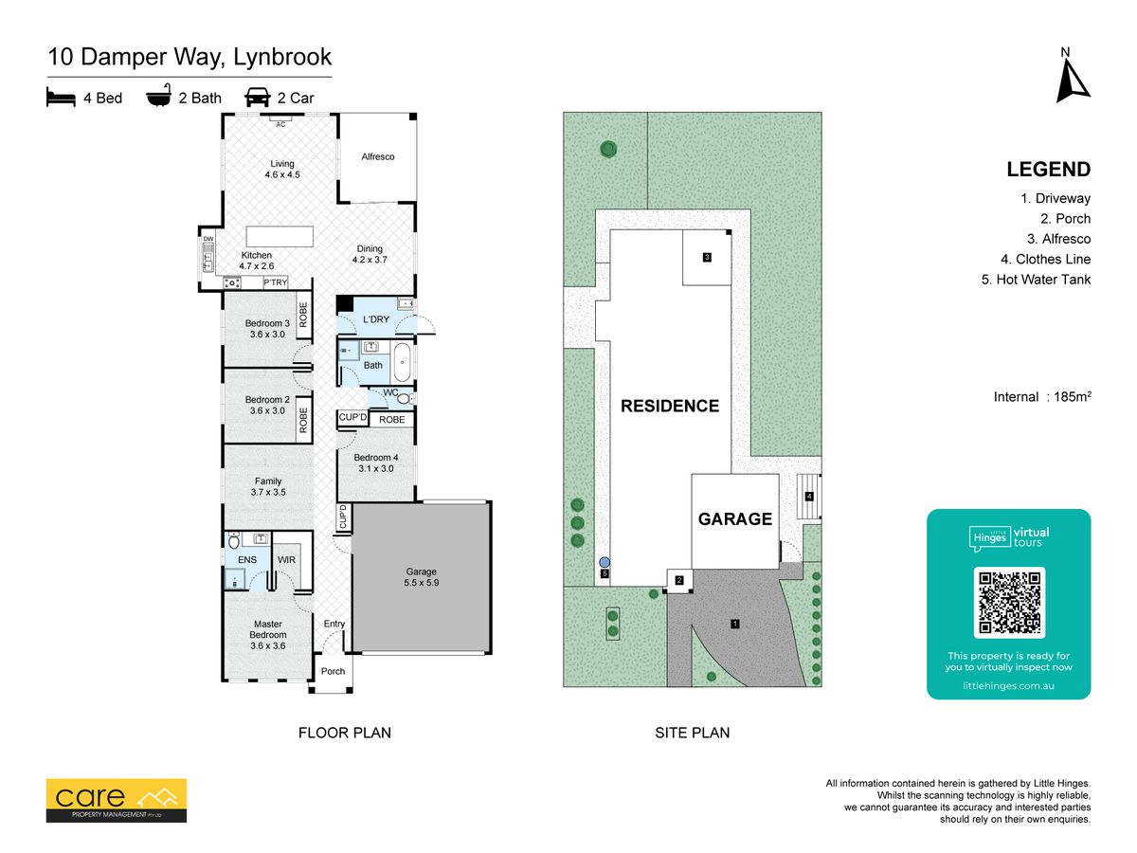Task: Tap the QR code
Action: tap(1009, 603)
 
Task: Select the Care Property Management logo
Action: tap(116, 800)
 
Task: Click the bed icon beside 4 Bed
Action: tap(61, 97)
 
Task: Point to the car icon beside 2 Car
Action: tap(258, 97)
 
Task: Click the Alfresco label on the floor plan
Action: tap(378, 156)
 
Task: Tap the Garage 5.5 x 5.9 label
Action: tap(421, 577)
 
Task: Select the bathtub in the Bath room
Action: tap(402, 362)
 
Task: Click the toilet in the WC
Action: tap(406, 398)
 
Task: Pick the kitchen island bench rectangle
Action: tap(280, 236)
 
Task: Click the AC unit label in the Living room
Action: tap(280, 124)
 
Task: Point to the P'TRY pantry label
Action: tap(275, 282)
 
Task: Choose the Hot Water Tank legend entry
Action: tap(1036, 280)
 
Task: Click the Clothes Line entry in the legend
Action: tap(1046, 259)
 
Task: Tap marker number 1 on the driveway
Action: tap(734, 624)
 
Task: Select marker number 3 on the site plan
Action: tap(707, 257)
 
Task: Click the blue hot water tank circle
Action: tap(605, 562)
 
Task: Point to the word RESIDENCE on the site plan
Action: tap(670, 406)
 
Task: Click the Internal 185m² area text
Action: tap(1042, 397)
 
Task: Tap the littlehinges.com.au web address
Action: tap(1008, 685)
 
